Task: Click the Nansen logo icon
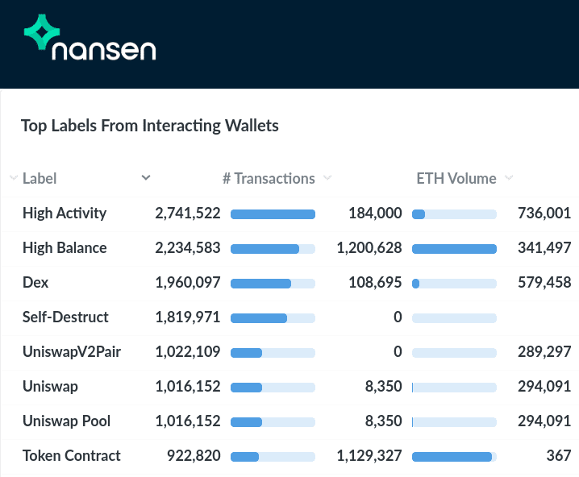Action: (x=46, y=34)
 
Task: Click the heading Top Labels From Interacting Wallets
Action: (x=150, y=126)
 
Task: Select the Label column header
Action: (x=40, y=178)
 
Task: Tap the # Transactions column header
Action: (x=269, y=178)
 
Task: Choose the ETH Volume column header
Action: (x=456, y=178)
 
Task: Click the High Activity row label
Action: (x=65, y=214)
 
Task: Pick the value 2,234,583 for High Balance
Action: (x=188, y=248)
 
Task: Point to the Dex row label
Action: (x=35, y=283)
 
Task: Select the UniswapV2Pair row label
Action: (x=72, y=352)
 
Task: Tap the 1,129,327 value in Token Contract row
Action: (x=369, y=456)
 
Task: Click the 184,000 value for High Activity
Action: (x=375, y=214)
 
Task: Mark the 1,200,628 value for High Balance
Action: (x=369, y=248)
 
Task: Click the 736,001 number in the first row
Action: (x=544, y=214)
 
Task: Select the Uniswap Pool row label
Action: (x=66, y=421)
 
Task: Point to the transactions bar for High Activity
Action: (x=273, y=214)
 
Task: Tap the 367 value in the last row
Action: (x=558, y=456)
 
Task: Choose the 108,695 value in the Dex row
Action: (x=375, y=283)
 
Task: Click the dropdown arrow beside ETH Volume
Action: (x=509, y=178)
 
